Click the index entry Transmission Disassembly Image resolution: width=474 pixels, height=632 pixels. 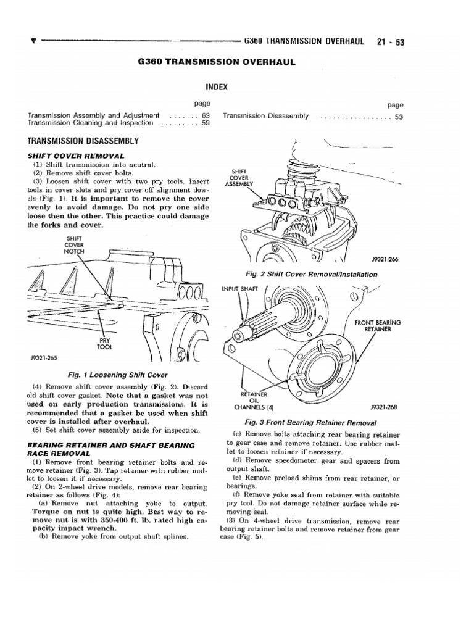(266, 116)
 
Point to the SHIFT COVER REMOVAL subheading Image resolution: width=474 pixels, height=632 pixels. (76, 156)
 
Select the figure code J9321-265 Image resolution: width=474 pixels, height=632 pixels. (42, 357)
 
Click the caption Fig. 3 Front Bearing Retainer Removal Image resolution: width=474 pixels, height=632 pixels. (310, 422)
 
